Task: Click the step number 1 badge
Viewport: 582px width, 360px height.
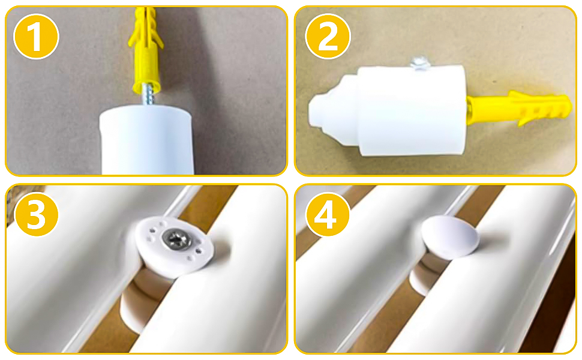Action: [36, 37]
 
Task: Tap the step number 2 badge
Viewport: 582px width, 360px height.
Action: [328, 36]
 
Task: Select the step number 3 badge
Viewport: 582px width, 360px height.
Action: [36, 215]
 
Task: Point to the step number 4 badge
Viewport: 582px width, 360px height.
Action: [328, 215]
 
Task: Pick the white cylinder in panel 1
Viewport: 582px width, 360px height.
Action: [146, 140]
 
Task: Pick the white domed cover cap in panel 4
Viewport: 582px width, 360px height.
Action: [450, 236]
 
